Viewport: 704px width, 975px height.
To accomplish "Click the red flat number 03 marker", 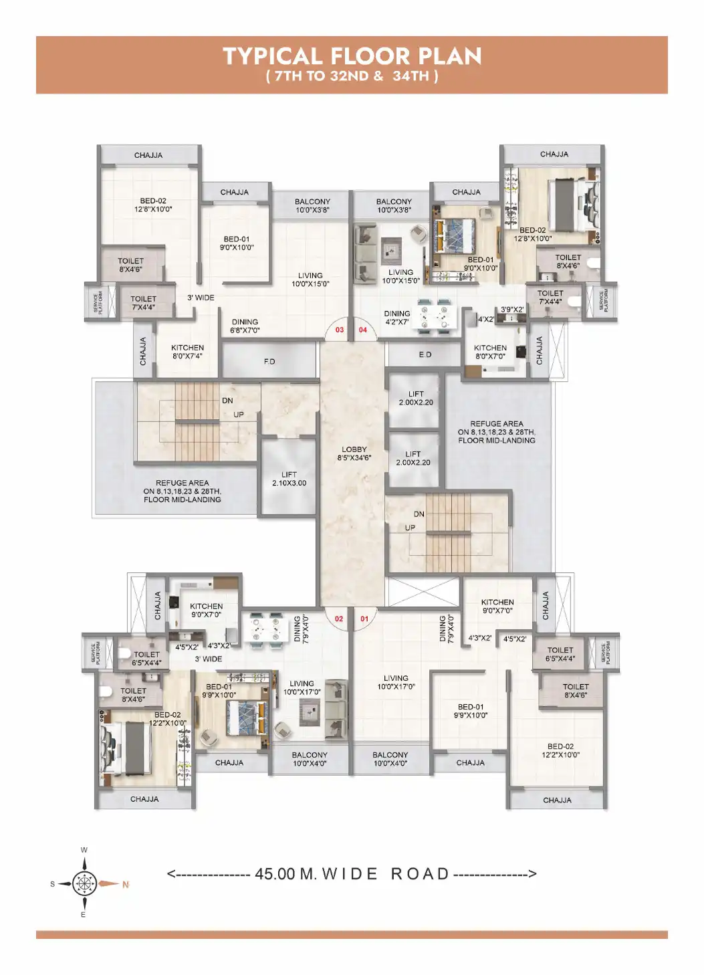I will click(340, 330).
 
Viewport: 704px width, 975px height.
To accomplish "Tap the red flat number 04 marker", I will click(363, 330).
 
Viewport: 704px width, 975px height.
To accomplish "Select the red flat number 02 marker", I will click(339, 619).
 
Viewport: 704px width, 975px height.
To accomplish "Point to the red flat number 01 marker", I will click(364, 619).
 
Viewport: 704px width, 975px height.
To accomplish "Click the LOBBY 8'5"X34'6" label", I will click(354, 454).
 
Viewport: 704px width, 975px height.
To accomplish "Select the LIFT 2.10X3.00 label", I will click(289, 479).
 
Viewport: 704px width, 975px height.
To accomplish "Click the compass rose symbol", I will click(84, 883).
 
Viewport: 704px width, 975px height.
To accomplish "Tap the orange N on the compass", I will click(125, 885).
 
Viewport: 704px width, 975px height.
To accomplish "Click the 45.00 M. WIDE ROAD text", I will click(352, 874).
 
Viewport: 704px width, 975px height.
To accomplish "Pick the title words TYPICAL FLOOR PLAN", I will click(352, 56).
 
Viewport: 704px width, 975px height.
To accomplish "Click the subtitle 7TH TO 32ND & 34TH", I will click(352, 76).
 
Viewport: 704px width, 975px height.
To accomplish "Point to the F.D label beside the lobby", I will click(269, 362).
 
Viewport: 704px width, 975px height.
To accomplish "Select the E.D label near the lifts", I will click(425, 355).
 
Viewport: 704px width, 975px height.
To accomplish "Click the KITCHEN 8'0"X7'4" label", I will click(187, 352).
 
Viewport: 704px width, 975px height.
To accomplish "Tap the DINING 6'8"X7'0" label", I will click(245, 326).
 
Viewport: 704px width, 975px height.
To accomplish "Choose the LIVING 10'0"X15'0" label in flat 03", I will click(310, 280).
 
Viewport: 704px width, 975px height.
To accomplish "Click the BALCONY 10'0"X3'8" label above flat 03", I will click(312, 206).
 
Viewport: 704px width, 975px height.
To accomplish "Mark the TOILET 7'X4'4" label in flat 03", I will click(143, 303).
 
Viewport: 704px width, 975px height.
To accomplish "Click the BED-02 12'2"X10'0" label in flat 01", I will click(560, 750).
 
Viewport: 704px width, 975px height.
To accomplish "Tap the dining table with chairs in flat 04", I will click(434, 316).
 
